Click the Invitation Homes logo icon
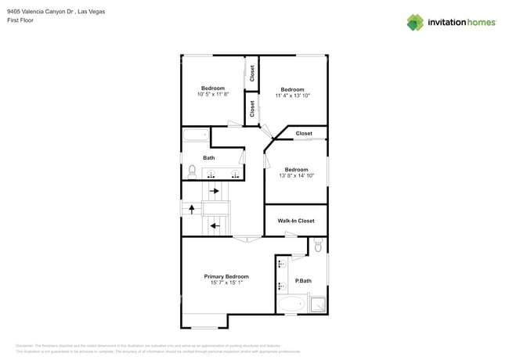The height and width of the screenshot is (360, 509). pyautogui.click(x=414, y=22)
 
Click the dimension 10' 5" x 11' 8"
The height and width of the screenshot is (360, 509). pyautogui.click(x=212, y=95)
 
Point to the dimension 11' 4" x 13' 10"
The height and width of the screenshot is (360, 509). pyautogui.click(x=293, y=95)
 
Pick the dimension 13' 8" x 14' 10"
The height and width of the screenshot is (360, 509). pyautogui.click(x=296, y=176)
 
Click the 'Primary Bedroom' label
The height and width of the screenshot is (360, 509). pyautogui.click(x=226, y=276)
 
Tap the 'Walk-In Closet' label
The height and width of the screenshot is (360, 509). pyautogui.click(x=296, y=221)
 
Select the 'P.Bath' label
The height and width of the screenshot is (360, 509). pyautogui.click(x=303, y=281)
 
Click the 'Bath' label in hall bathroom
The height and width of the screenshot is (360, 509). pyautogui.click(x=209, y=158)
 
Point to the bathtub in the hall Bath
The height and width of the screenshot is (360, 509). pyautogui.click(x=196, y=135)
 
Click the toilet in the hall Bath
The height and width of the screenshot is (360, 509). pyautogui.click(x=190, y=171)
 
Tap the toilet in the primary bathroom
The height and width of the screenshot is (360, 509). pyautogui.click(x=318, y=246)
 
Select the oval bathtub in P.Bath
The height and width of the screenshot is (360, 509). pyautogui.click(x=294, y=304)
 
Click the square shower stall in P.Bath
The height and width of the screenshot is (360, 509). pyautogui.click(x=317, y=304)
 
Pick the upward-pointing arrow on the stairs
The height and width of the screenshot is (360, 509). pyautogui.click(x=191, y=208)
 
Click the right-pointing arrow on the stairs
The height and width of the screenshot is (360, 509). pyautogui.click(x=215, y=190)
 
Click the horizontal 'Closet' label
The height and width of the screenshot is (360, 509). pyautogui.click(x=304, y=134)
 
